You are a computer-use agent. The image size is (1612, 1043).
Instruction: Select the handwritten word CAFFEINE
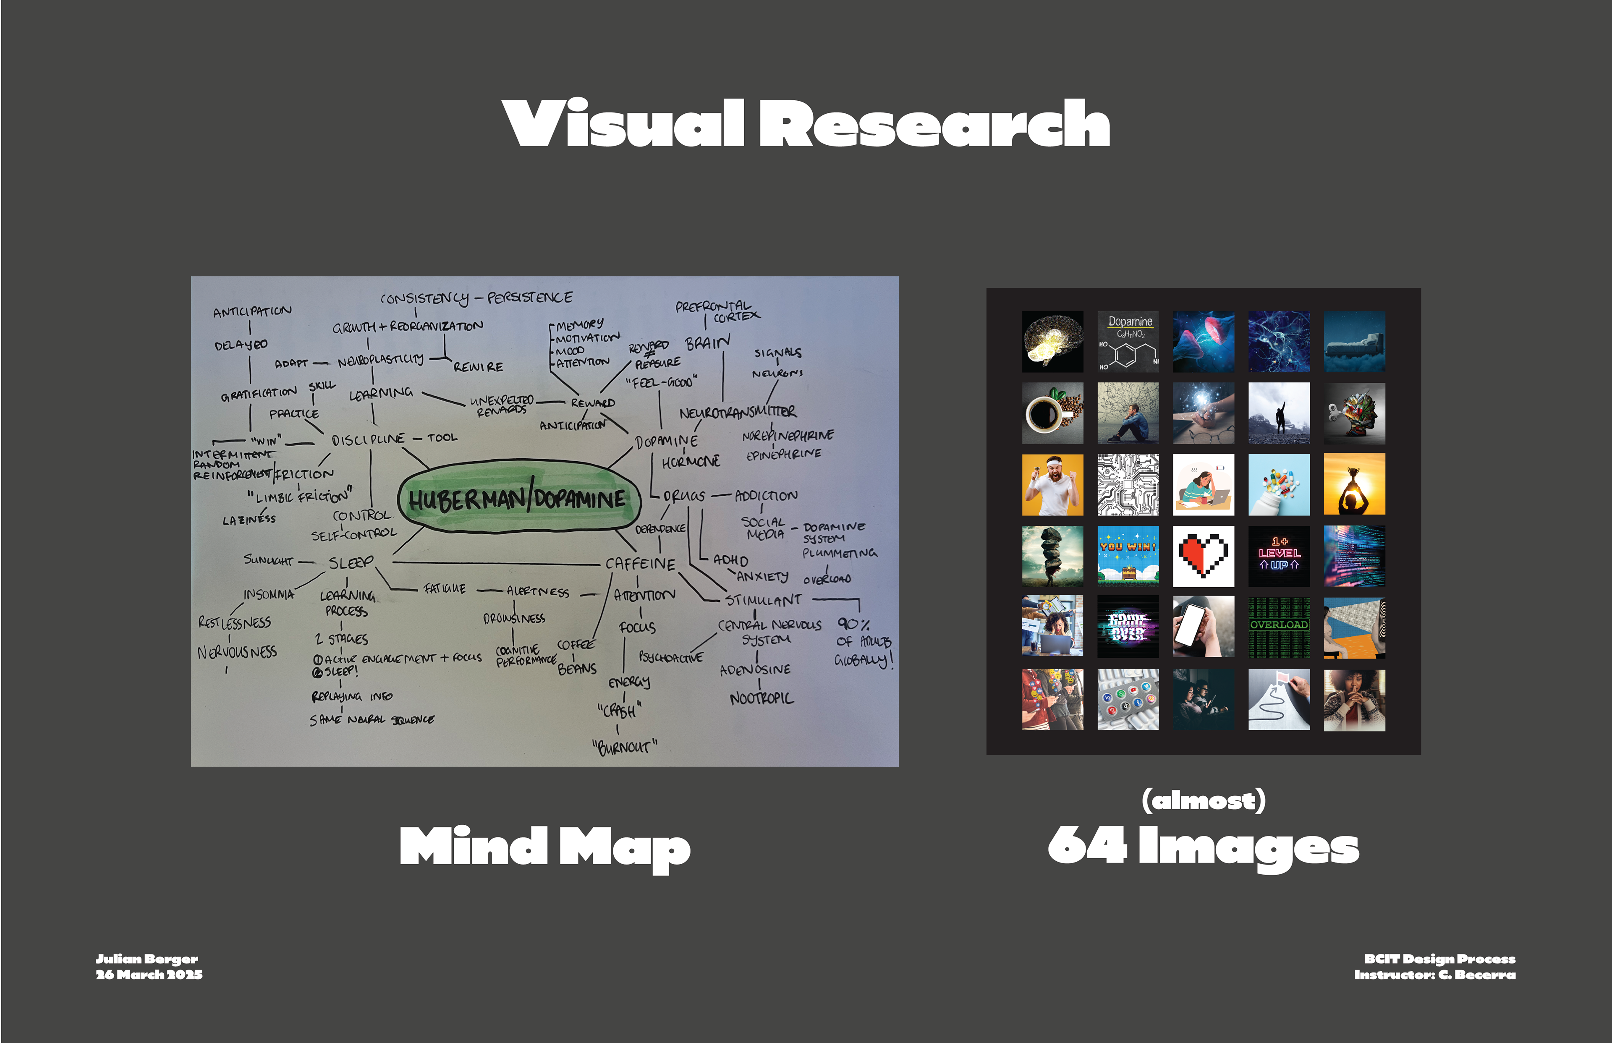click(640, 564)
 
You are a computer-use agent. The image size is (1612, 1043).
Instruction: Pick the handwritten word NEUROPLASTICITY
click(381, 360)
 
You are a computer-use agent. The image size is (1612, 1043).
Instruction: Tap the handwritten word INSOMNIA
click(269, 594)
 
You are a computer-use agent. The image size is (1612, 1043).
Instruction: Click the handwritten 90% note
click(853, 624)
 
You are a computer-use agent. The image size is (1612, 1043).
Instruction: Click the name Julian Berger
click(147, 958)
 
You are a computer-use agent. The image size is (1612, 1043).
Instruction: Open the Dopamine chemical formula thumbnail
click(1128, 341)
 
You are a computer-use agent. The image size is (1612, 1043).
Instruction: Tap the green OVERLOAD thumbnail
click(1279, 627)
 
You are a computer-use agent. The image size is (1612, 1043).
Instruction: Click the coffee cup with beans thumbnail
click(1052, 413)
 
